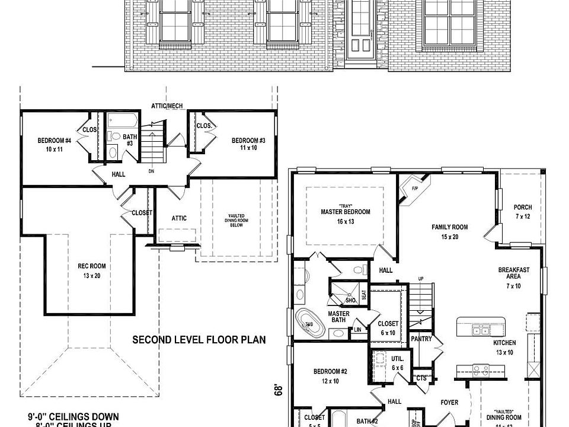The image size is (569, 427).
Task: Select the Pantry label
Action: click(x=421, y=339)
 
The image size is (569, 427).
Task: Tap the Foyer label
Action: click(x=449, y=403)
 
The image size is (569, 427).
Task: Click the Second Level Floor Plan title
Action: click(x=199, y=340)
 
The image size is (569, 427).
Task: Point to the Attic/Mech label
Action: click(x=167, y=106)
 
